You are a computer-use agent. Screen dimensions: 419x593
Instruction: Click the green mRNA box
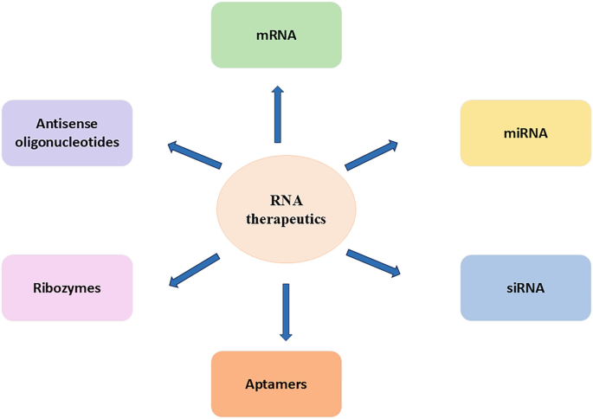tap(276, 35)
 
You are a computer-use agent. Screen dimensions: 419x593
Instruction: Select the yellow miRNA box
tap(525, 132)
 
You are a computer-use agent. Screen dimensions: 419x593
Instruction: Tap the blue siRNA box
tap(525, 287)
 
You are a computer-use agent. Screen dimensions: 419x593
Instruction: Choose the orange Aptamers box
tap(276, 384)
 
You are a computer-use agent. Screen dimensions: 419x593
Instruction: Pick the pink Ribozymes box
tap(67, 287)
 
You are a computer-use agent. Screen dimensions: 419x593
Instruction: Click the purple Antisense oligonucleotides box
tap(67, 132)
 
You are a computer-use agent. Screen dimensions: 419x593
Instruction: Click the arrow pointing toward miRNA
tap(371, 155)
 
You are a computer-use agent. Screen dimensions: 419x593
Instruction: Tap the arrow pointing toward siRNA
tap(373, 262)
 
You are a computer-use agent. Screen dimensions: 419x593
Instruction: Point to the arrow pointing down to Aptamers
tap(286, 312)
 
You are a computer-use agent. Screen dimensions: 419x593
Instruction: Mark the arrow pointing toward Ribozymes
tap(194, 270)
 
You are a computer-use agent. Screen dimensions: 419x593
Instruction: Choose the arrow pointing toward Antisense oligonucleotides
tap(195, 155)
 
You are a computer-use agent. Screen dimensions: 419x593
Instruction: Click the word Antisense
tap(67, 124)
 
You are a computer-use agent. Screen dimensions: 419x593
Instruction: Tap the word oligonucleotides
tap(67, 142)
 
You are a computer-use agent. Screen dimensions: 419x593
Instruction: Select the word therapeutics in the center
tap(286, 219)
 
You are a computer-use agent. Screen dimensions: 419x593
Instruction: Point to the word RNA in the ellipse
tap(286, 201)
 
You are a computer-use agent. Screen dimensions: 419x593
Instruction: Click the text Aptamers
tap(276, 384)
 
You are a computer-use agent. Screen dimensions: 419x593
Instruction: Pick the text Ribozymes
tap(67, 287)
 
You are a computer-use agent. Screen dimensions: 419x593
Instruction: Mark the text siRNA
tap(525, 287)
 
